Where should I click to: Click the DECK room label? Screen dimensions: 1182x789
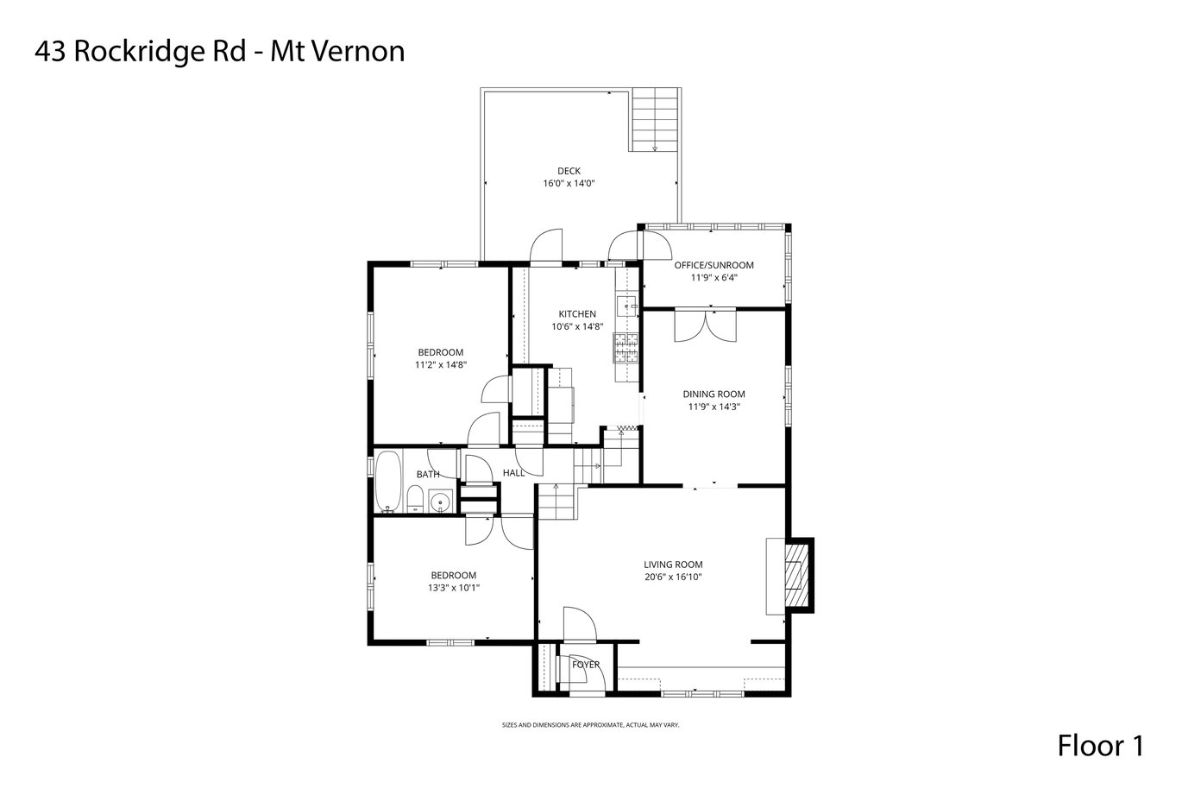pos(569,171)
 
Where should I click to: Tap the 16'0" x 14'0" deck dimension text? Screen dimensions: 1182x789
pos(569,184)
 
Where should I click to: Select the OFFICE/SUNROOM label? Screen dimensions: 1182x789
pos(714,265)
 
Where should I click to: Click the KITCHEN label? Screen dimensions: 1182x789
pos(577,314)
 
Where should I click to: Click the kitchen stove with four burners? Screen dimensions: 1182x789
pos(626,348)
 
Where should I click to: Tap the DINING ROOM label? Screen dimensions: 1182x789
pos(714,394)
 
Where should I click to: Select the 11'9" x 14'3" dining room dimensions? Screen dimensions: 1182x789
pos(714,407)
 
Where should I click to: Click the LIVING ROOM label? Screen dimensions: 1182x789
pos(673,565)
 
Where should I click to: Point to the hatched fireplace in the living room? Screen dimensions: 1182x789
pos(795,575)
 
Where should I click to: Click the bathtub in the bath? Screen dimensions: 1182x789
pos(388,481)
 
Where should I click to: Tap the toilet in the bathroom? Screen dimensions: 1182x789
pos(415,499)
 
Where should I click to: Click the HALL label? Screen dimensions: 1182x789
pos(513,473)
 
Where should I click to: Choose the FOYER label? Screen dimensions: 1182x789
pos(586,665)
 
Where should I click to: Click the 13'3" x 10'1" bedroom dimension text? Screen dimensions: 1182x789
pos(454,588)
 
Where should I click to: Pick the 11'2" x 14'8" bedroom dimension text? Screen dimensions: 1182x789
pos(441,365)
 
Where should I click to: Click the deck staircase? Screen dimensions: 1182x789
pos(655,119)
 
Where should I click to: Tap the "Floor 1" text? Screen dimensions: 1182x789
pos(1101,746)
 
